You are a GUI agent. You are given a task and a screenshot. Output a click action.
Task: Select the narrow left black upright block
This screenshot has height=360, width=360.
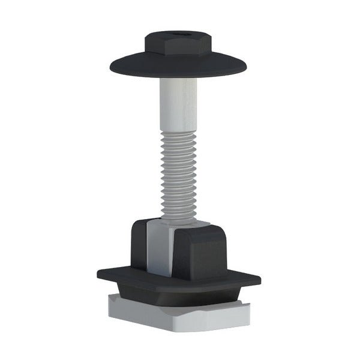click(x=139, y=246)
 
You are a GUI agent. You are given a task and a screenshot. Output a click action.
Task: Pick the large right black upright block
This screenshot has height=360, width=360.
click(x=201, y=255)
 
